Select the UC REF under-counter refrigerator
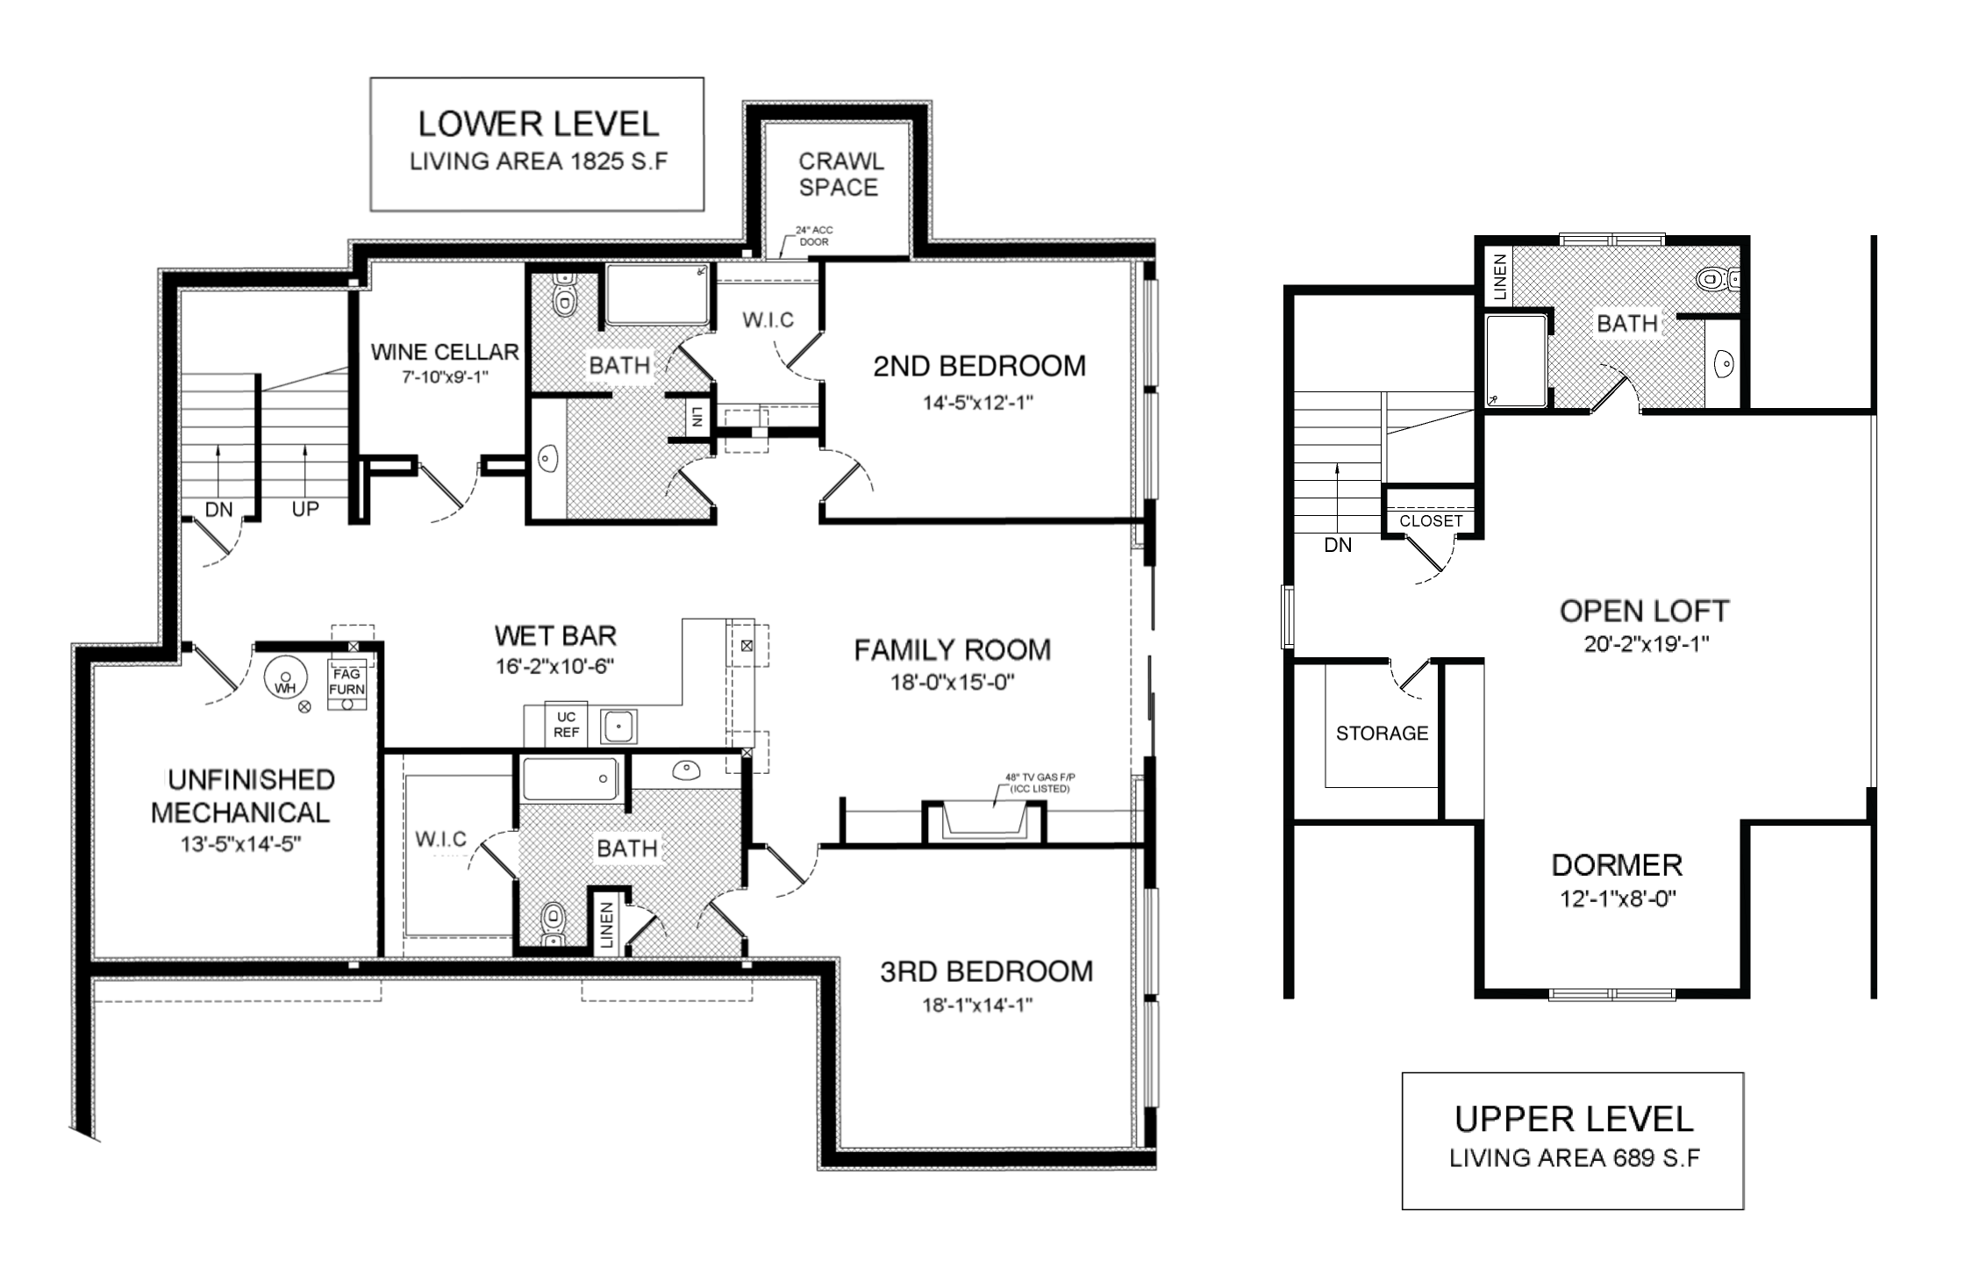pos(566,724)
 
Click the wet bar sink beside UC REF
pos(618,727)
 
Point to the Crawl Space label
pos(839,174)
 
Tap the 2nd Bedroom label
pos(979,366)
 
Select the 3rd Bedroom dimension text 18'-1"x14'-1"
pos(977,1005)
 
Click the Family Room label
pos(953,650)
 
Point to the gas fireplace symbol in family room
pos(983,821)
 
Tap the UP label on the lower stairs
pos(305,509)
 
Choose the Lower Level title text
pos(539,124)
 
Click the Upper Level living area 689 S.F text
pos(1574,1158)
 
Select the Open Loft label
pos(1644,611)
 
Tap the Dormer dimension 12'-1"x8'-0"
pos(1618,899)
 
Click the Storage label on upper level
pos(1382,734)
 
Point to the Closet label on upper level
pos(1431,520)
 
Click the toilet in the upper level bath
pos(1717,279)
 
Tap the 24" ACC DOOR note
pos(814,236)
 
